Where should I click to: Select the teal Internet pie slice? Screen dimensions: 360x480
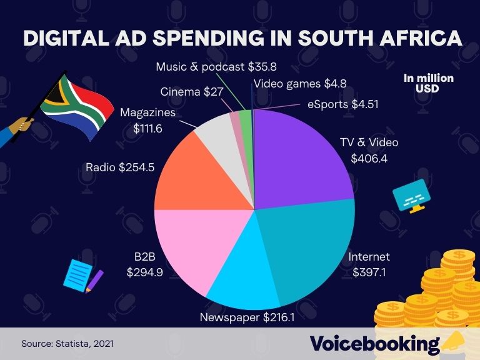coord(306,250)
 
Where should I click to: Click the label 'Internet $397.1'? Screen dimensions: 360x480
coord(369,264)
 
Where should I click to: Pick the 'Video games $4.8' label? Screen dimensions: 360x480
coord(299,82)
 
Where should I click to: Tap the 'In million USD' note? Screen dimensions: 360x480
coord(428,83)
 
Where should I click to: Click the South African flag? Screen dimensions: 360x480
coord(75,106)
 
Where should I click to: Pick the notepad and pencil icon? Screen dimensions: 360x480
coord(82,275)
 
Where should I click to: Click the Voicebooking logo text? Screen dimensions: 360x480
coord(374,343)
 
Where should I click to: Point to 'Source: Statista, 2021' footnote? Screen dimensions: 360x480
coord(67,344)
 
